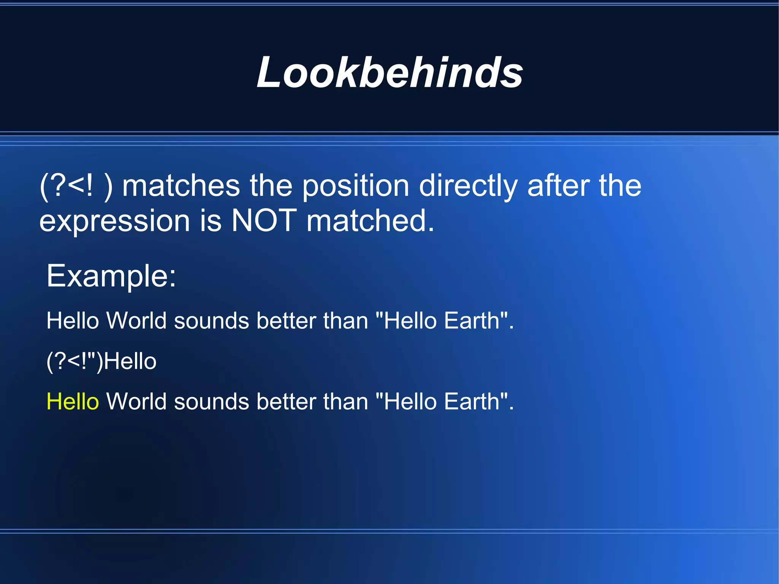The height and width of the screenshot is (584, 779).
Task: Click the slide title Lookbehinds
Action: click(x=390, y=72)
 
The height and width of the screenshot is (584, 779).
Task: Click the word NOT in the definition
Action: click(x=264, y=221)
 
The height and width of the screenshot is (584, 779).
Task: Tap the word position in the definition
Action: click(x=356, y=186)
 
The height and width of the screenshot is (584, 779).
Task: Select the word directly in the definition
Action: click(x=468, y=186)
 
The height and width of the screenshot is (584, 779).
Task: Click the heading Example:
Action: click(x=111, y=276)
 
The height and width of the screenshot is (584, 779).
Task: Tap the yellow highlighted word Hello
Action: click(x=73, y=401)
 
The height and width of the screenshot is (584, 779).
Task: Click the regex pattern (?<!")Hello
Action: click(x=101, y=361)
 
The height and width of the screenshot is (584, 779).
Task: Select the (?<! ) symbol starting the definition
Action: click(x=76, y=186)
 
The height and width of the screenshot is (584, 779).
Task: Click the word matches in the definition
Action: click(x=181, y=186)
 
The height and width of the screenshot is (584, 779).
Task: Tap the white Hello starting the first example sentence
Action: click(x=73, y=320)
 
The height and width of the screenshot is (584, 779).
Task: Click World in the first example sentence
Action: click(x=137, y=320)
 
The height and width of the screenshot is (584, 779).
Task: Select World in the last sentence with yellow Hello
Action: click(x=137, y=401)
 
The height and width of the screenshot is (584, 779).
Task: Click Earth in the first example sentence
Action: click(x=472, y=320)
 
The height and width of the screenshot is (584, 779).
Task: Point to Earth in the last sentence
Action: click(x=472, y=401)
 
